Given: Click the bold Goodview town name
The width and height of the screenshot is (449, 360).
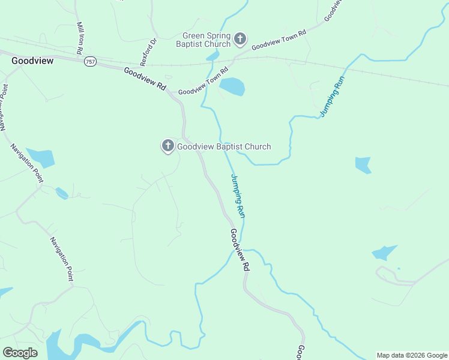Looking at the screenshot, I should (x=32, y=61).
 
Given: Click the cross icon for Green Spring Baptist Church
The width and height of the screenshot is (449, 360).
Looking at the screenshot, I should (x=240, y=40).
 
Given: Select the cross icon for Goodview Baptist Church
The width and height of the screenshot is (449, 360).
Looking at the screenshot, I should (x=167, y=146).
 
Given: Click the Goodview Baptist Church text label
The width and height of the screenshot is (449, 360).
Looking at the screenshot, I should (x=223, y=146).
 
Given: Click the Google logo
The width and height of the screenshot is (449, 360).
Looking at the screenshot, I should (x=20, y=353).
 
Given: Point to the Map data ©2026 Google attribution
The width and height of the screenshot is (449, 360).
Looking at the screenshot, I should (x=412, y=355).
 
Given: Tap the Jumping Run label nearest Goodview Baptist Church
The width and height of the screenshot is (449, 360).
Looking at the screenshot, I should (x=238, y=196).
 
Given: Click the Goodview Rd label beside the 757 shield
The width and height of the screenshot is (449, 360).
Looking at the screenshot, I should (x=145, y=79).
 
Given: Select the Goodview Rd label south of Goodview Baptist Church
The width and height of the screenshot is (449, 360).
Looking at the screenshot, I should (x=239, y=251).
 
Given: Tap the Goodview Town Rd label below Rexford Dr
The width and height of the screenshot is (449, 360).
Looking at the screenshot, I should (x=203, y=81).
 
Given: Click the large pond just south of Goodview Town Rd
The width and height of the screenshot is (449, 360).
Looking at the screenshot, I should (x=232, y=87).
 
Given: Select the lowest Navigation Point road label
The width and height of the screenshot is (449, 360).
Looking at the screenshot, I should (x=62, y=259).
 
